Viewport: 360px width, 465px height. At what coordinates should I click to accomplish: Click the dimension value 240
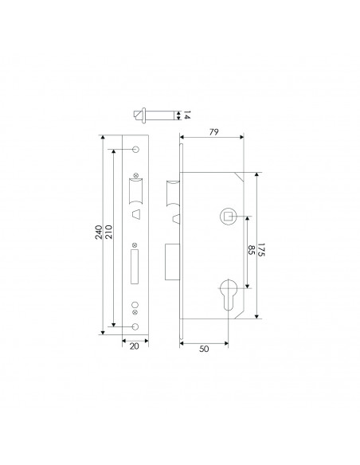(98, 232)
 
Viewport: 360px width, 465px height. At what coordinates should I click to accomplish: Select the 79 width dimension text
(213, 132)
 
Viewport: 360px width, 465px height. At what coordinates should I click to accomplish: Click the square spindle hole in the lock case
(228, 216)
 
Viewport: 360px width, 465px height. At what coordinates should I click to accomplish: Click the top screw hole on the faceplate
(135, 150)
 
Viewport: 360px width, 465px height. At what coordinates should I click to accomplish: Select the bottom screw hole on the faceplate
(135, 326)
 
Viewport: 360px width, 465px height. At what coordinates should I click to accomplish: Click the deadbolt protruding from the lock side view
(172, 261)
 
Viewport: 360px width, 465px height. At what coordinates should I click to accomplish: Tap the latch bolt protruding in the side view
(171, 196)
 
